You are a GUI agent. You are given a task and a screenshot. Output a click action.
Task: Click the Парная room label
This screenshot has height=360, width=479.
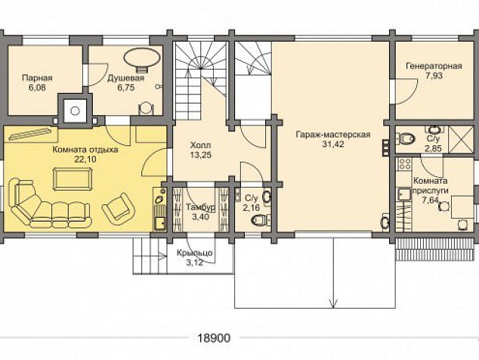click(37, 78)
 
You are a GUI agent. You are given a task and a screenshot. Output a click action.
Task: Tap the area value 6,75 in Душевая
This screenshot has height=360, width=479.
click(126, 88)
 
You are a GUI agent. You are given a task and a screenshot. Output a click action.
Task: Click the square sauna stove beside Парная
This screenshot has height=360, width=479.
click(75, 110)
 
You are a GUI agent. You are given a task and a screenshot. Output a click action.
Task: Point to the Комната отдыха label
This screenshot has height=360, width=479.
click(85, 151)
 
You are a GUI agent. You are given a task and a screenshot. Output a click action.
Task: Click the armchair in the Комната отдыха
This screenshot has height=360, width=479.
click(119, 207)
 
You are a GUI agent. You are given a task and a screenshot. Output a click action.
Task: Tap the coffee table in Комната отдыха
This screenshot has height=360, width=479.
click(73, 179)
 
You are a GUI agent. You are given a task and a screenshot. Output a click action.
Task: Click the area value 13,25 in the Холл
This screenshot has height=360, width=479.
click(200, 155)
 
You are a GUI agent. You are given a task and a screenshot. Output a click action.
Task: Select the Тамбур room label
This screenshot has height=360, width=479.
click(200, 207)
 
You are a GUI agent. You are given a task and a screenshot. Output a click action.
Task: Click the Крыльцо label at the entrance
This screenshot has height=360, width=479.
click(195, 253)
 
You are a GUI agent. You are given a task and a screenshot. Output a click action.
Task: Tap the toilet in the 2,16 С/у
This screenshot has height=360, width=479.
click(259, 219)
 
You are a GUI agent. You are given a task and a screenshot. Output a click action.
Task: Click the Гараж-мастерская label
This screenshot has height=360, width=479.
click(333, 135)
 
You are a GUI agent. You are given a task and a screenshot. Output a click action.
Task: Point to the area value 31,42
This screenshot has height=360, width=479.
click(333, 144)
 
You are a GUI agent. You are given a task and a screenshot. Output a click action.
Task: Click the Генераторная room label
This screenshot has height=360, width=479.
click(434, 66)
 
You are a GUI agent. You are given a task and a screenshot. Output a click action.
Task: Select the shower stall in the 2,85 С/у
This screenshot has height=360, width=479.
click(461, 139)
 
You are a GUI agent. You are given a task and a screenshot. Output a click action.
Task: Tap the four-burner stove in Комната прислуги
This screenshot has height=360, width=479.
click(404, 164)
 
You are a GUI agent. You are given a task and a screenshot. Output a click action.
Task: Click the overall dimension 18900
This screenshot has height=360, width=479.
click(214, 338)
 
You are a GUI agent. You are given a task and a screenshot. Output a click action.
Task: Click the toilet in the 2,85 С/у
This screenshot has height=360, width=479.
click(406, 139)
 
